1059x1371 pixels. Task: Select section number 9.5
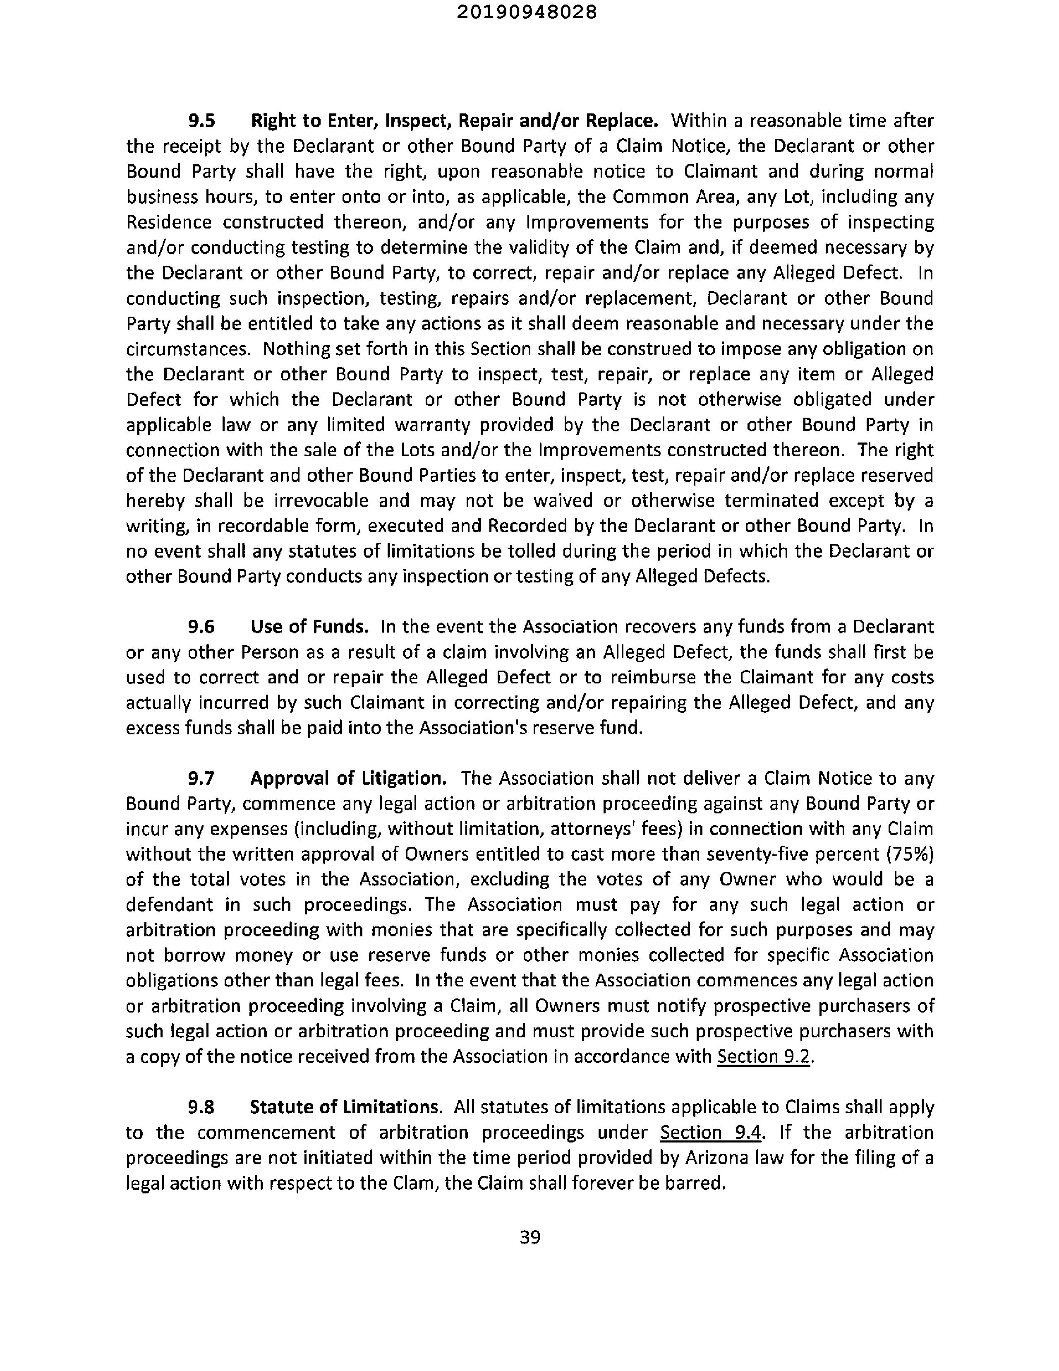(201, 120)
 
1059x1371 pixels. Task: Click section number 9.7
(201, 778)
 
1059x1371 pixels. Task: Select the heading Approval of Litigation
(349, 778)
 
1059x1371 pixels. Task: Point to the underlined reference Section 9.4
(711, 1133)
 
